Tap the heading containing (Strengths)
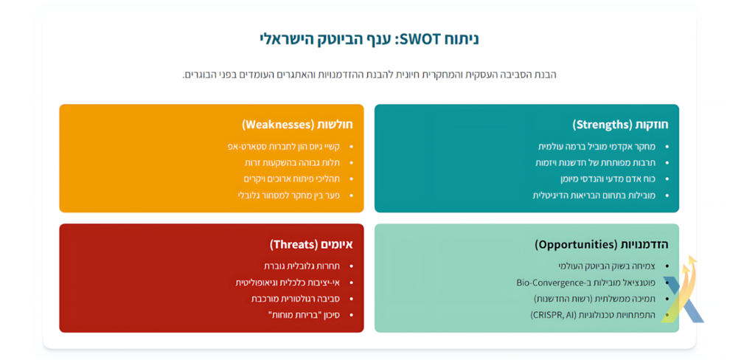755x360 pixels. coord(620,125)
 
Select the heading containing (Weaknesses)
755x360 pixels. coord(298,125)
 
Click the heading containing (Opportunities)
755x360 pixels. coord(602,244)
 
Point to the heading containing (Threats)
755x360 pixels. coord(311,244)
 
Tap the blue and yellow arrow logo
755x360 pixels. coord(682,291)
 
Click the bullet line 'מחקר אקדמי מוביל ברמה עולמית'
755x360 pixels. coord(596,147)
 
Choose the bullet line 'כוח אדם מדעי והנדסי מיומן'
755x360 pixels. coord(608,179)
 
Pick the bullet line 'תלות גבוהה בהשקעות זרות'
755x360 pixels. coord(291,163)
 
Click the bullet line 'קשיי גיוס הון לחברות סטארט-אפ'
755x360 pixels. coord(284,147)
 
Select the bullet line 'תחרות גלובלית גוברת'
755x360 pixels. coord(302,266)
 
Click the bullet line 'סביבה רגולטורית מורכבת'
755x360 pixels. coord(296,299)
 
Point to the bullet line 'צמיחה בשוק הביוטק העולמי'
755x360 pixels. coord(607,266)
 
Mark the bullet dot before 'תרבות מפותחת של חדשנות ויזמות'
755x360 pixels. coord(667,163)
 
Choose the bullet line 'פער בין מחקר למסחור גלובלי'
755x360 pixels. coord(289,195)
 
